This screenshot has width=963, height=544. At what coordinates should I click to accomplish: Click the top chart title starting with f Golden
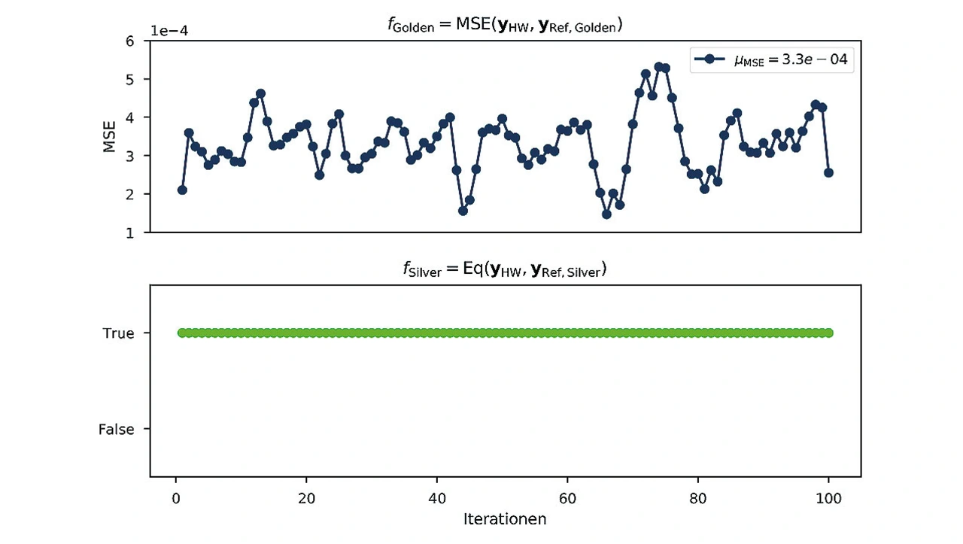(x=505, y=26)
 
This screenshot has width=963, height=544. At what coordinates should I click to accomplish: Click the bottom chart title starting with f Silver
(x=505, y=270)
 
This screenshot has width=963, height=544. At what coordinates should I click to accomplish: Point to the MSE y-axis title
(x=110, y=136)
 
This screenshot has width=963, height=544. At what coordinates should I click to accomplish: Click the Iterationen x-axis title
(x=505, y=519)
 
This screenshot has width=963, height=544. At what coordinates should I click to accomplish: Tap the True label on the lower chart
(x=118, y=333)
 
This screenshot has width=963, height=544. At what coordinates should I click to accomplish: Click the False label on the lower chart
(x=116, y=430)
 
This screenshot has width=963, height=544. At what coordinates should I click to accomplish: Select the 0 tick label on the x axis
(x=175, y=497)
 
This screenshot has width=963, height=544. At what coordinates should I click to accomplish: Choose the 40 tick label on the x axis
(x=436, y=497)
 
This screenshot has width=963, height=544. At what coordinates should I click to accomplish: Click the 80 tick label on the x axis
(x=698, y=497)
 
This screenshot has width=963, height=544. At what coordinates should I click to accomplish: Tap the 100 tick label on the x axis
(x=828, y=497)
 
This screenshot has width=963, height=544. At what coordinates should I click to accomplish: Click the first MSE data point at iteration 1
(x=182, y=190)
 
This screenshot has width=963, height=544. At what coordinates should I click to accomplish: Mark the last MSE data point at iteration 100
(x=828, y=173)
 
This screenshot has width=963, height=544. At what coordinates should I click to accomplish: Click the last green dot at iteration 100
(x=828, y=333)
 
